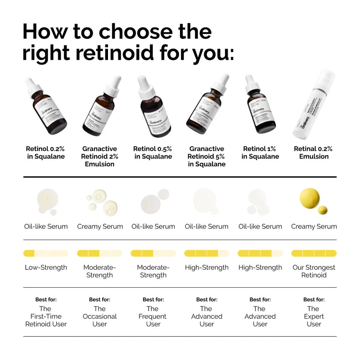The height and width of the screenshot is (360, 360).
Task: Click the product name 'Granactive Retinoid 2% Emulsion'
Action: (x=99, y=156)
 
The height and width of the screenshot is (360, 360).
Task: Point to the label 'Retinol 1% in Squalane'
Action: (x=260, y=153)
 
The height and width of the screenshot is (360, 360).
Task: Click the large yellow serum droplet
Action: (x=310, y=197)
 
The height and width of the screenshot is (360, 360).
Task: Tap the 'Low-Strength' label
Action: (x=46, y=267)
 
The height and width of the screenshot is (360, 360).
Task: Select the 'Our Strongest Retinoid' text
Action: (x=314, y=271)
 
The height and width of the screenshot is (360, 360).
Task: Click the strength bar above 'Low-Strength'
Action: (x=46, y=253)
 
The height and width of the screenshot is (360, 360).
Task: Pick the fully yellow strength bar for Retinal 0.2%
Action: (x=314, y=253)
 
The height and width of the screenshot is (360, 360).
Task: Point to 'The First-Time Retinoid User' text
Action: (x=46, y=316)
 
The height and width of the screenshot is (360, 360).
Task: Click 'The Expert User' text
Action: (x=314, y=316)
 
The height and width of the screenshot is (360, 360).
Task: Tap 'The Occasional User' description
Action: (x=99, y=316)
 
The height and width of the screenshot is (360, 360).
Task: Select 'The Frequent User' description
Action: (x=153, y=316)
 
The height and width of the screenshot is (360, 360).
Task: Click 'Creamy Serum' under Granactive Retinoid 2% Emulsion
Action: (x=100, y=226)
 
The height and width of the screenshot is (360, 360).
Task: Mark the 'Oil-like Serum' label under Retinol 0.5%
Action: (x=153, y=226)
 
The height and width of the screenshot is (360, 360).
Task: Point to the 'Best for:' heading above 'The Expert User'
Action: (x=314, y=299)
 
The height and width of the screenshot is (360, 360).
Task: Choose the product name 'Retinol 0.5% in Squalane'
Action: (x=153, y=153)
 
